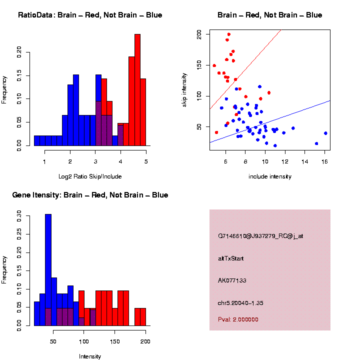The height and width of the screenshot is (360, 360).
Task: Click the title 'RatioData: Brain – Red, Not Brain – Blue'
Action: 90,15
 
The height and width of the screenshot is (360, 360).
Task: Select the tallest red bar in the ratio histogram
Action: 137,90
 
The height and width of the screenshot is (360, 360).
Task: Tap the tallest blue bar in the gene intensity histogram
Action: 48,270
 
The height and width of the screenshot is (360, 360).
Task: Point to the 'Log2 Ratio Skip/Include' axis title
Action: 90,176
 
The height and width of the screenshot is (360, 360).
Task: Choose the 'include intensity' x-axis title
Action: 270,176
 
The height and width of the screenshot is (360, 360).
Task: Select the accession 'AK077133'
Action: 232,280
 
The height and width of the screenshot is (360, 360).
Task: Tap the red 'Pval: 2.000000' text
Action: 238,319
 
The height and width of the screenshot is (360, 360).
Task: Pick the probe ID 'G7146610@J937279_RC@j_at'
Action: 260,236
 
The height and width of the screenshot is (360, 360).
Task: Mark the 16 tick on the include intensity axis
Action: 324,161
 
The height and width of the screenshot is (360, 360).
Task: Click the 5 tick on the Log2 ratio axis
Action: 146,161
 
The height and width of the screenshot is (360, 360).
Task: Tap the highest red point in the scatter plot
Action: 228,34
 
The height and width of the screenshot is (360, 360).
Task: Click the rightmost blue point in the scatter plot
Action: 325,133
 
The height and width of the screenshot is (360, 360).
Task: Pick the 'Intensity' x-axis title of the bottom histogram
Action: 90,356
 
